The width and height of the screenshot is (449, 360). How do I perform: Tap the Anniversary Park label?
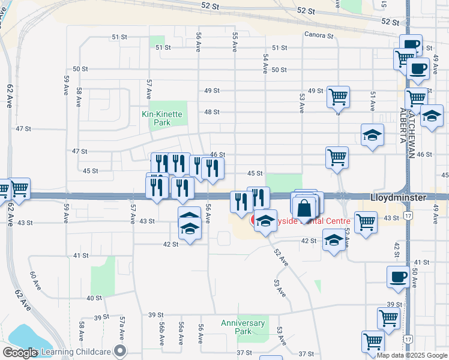pos(243,327)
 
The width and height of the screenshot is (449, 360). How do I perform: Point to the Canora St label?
pos(318,35)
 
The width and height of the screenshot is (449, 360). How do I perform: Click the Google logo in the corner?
pos(20,352)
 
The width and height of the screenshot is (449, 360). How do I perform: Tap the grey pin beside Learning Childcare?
pos(121,351)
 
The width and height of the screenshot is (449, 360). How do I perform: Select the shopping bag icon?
pos(305,209)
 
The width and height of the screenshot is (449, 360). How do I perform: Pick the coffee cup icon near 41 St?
pos(398,277)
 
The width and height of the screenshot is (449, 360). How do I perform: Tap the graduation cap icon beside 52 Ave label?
pos(334,241)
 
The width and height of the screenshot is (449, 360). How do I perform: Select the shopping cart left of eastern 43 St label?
pos(366,221)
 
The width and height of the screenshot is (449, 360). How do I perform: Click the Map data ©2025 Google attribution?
pos(412,355)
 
